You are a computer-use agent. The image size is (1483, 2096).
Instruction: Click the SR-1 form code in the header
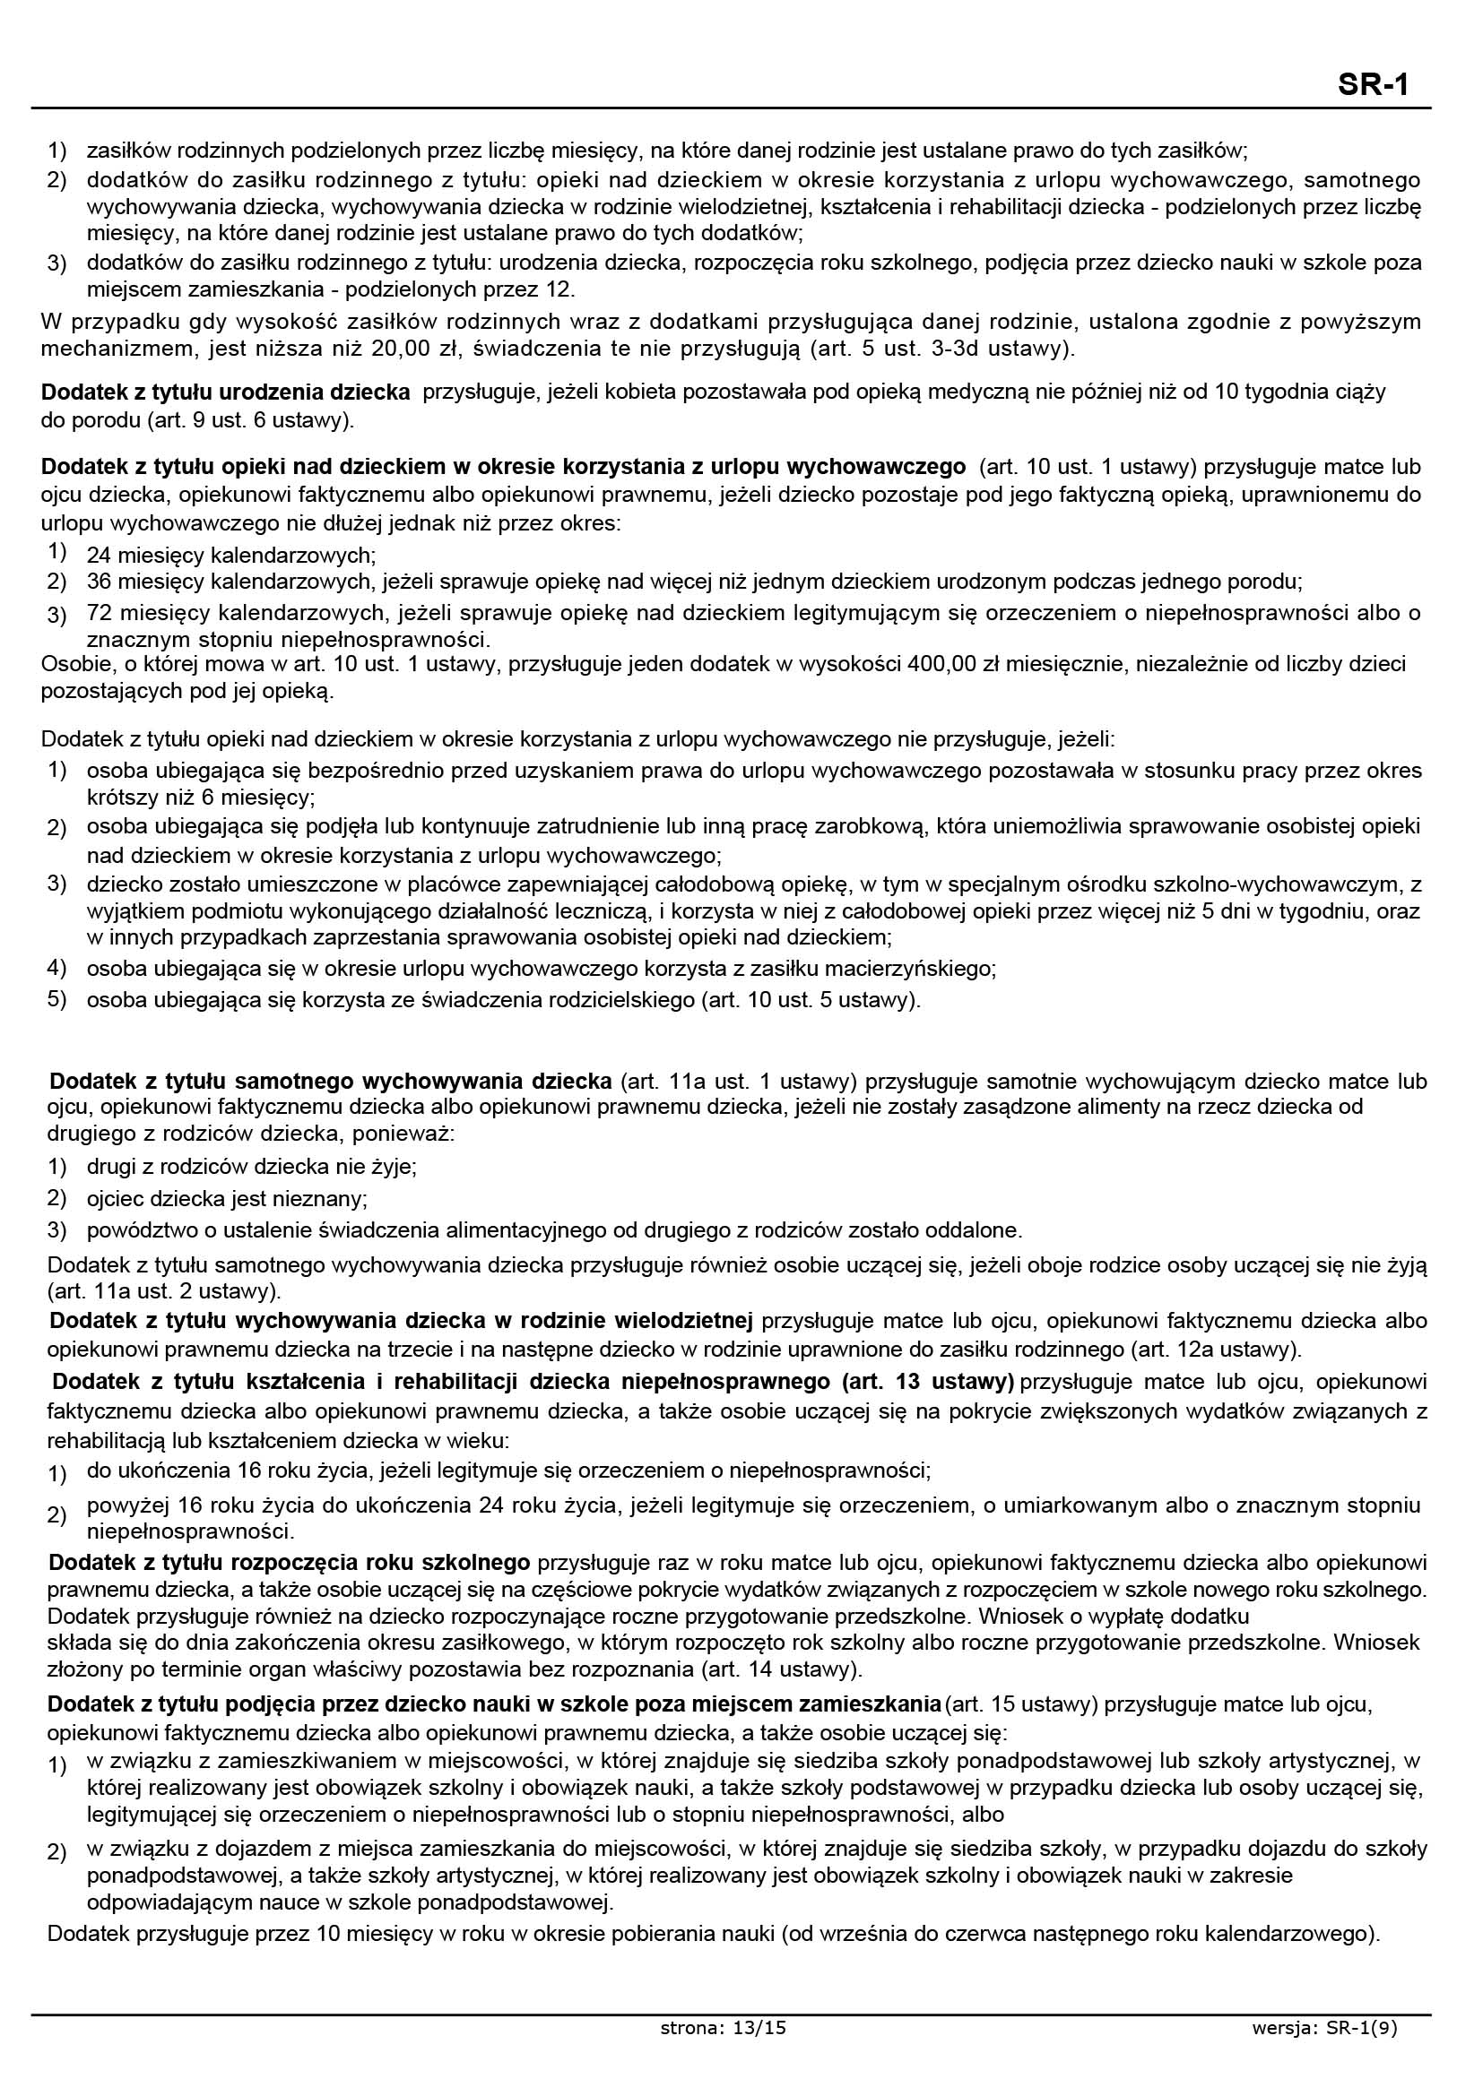[x=1374, y=85]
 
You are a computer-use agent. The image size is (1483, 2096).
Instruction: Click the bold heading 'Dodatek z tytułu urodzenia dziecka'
[x=226, y=392]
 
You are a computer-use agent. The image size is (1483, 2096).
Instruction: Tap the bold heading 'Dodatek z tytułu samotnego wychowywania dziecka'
[x=331, y=1082]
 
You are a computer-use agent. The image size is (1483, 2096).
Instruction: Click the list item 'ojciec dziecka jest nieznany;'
[x=227, y=1198]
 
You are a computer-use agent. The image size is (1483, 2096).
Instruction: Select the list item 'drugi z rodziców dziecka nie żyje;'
[x=252, y=1167]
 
